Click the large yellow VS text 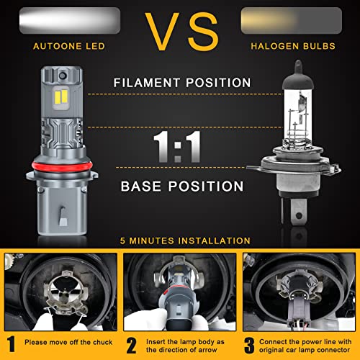[180, 30]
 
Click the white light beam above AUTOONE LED [71, 18]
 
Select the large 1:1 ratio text [178, 145]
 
